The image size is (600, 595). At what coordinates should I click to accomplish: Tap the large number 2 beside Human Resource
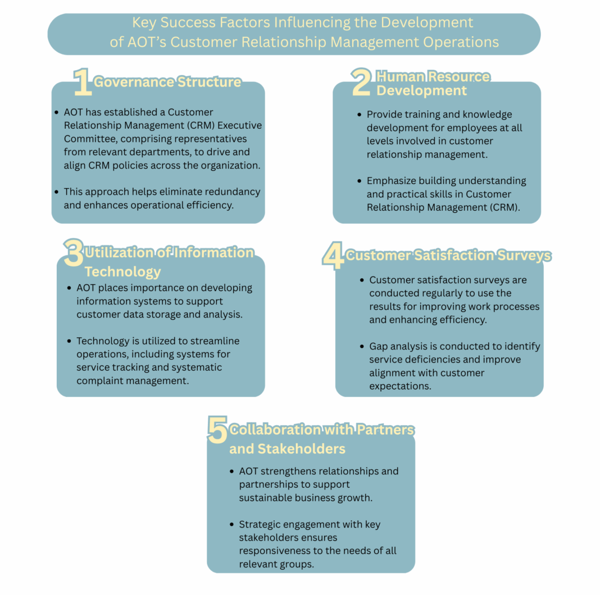coord(361,81)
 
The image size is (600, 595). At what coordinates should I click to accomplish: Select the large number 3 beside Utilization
coord(74,252)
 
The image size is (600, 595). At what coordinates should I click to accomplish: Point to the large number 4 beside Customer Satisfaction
coord(333,255)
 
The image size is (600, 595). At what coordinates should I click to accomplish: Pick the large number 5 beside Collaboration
coord(217,429)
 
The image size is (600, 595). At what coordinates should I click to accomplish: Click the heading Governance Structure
coord(167,82)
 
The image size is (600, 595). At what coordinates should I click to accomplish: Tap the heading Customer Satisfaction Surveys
coord(448,255)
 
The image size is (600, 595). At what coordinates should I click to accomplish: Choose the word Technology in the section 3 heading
coord(122,272)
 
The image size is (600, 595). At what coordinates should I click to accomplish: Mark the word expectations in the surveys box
coord(400,386)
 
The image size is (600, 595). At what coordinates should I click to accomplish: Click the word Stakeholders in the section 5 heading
coord(302,449)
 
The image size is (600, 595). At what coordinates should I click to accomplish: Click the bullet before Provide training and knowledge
coord(359,114)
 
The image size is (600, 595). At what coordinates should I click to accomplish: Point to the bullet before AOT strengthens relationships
coord(231,471)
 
